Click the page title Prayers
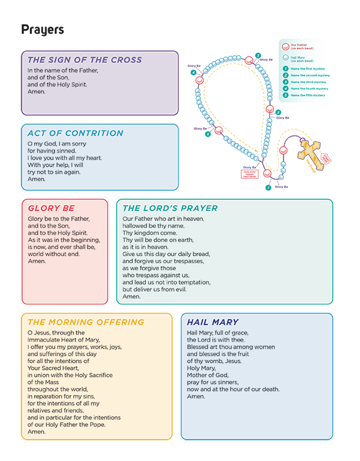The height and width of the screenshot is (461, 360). [42, 29]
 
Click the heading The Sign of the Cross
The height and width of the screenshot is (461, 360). [85, 60]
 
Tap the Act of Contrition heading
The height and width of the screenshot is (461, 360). [75, 133]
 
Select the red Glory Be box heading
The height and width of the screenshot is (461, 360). [51, 208]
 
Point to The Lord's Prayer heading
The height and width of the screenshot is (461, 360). [170, 208]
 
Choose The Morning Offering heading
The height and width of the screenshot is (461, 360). [86, 322]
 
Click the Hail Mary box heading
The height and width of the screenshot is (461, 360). [212, 322]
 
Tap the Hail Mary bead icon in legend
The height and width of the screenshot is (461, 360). [286, 59]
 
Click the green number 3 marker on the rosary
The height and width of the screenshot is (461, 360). [258, 55]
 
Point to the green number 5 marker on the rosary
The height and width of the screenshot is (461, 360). [208, 134]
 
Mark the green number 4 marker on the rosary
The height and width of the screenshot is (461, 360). [193, 72]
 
